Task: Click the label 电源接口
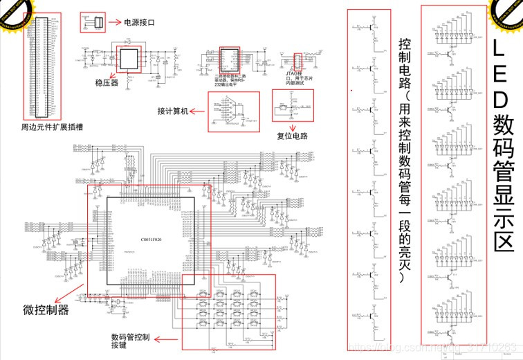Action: coord(139,23)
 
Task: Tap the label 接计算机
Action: coord(172,111)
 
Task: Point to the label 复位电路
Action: coord(297,138)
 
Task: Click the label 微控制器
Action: coord(46,310)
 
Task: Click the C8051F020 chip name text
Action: coord(151,237)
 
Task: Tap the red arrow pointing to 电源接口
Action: coord(114,23)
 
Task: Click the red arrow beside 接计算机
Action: coord(198,111)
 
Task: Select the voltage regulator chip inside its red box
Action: coord(128,59)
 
